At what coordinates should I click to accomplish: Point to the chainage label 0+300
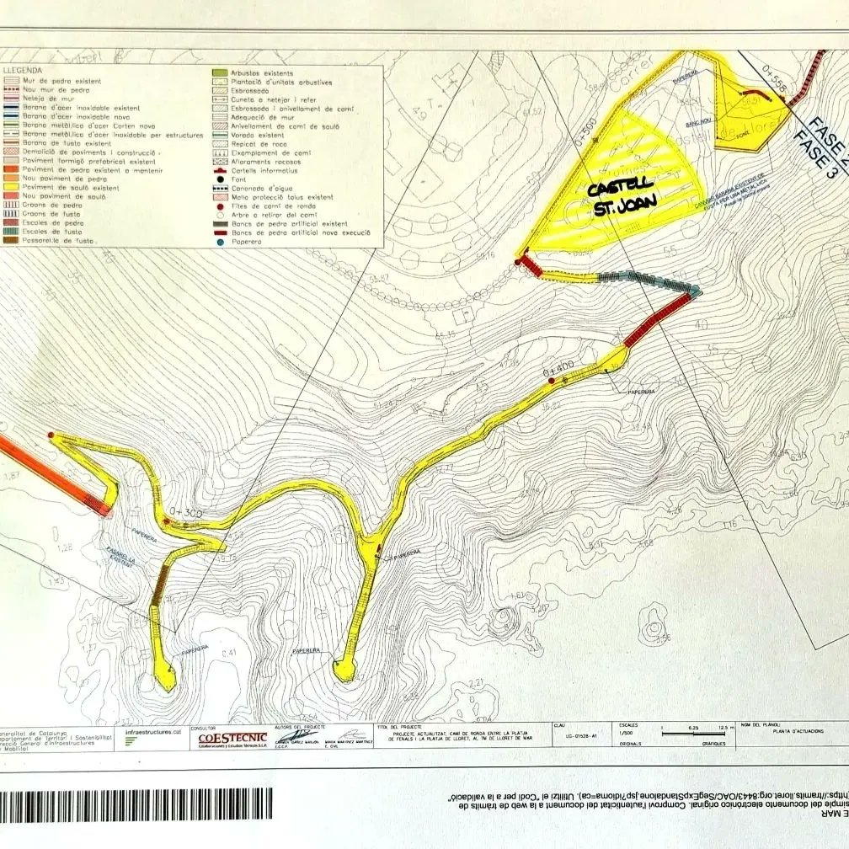click(x=186, y=510)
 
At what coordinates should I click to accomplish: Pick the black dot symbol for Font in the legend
click(x=219, y=179)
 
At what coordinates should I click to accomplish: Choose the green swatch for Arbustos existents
click(x=220, y=74)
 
